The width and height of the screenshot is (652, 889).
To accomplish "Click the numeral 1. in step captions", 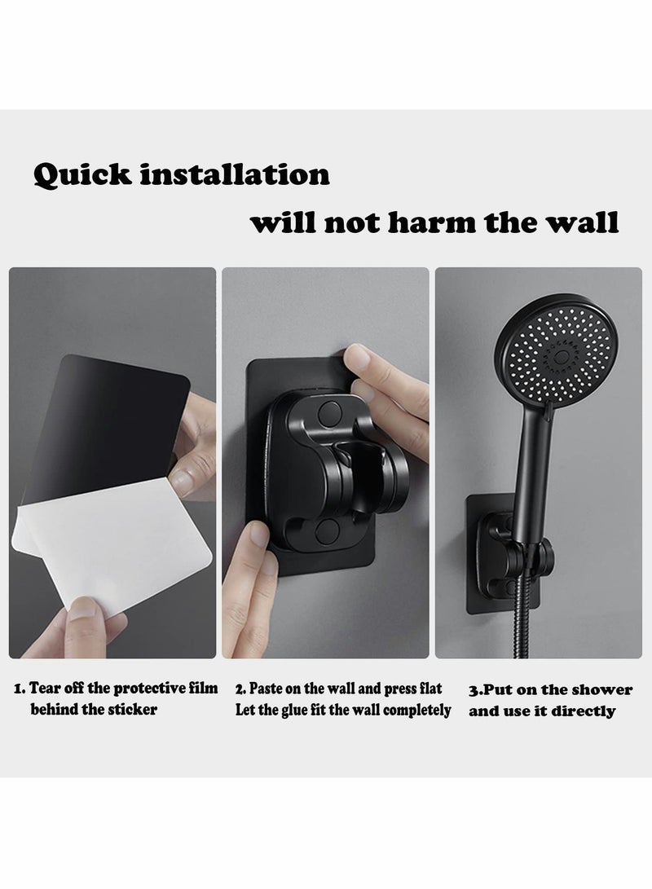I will pyautogui.click(x=20, y=689).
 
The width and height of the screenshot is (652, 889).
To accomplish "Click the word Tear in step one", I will pyautogui.click(x=46, y=689).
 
